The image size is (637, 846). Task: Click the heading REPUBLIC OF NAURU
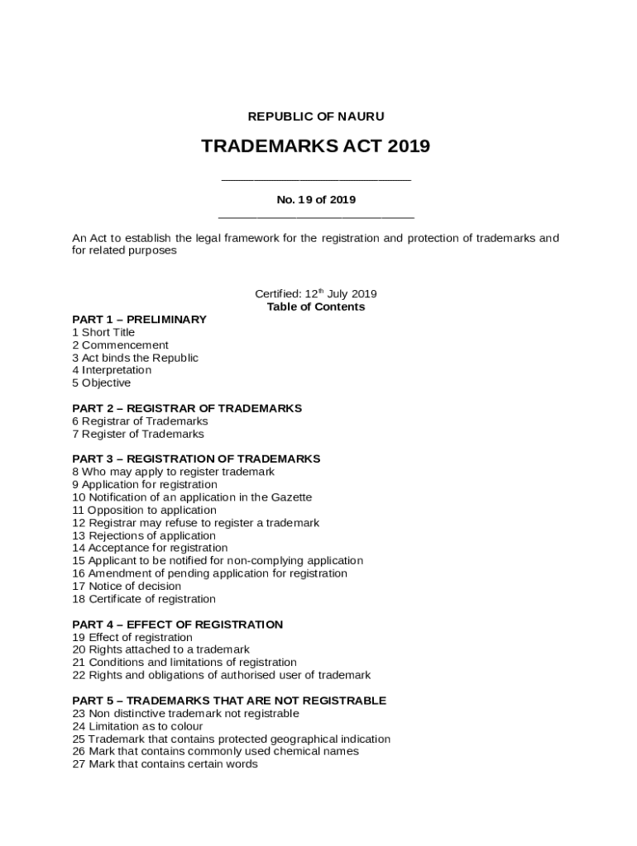315,116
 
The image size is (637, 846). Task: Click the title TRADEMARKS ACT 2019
315,147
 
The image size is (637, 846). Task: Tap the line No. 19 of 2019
315,199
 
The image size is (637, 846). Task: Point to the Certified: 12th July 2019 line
315,294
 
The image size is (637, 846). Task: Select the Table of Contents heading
315,307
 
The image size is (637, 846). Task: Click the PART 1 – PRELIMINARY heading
139,320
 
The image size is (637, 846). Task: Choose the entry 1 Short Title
103,332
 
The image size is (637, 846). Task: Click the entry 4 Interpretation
112,370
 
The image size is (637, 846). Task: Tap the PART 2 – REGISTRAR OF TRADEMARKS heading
187,408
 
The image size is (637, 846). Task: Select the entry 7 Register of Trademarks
138,434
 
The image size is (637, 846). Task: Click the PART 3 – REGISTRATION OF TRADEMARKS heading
196,459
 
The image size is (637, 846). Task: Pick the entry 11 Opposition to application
144,510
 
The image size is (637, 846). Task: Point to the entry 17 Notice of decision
127,586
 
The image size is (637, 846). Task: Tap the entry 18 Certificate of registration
144,599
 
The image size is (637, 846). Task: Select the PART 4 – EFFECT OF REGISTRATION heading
177,625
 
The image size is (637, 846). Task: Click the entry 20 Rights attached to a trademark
160,649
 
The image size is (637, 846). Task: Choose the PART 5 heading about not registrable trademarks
229,701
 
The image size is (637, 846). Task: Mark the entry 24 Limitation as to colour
137,726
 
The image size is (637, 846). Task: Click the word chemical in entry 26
296,751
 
